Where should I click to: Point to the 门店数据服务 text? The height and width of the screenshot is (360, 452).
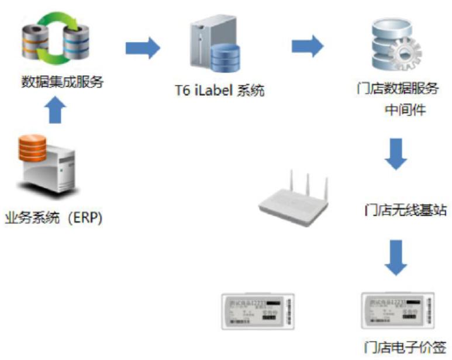(x=398, y=89)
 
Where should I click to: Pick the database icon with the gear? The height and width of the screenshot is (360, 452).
(x=397, y=47)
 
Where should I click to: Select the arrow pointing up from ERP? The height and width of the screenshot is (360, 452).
(x=54, y=110)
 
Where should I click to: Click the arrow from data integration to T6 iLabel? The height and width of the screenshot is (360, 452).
(x=142, y=47)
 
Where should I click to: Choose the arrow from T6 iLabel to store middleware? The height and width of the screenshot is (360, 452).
(x=308, y=46)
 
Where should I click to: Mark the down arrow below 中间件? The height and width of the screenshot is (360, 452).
(x=397, y=153)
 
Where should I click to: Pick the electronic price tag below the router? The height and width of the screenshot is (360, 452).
(x=258, y=311)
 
